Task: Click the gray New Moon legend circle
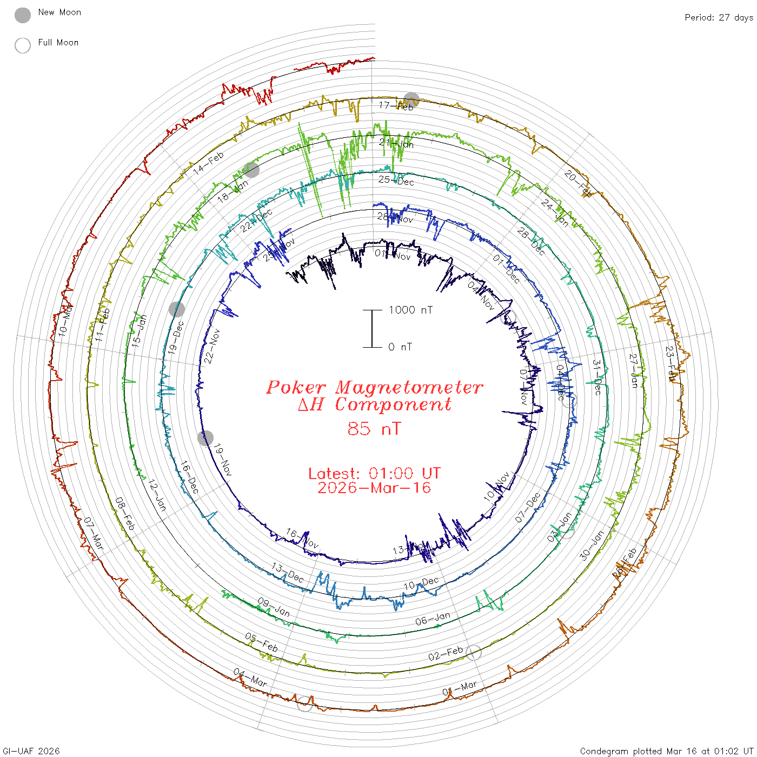(x=23, y=16)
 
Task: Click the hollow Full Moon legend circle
(x=23, y=45)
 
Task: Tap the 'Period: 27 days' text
(x=719, y=18)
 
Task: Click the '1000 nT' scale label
(x=410, y=310)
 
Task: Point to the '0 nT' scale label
(x=400, y=347)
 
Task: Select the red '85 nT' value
(x=374, y=429)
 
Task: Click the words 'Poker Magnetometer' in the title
(x=374, y=387)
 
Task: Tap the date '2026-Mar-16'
(x=374, y=488)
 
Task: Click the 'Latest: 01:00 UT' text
(x=374, y=474)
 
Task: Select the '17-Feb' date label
(x=396, y=106)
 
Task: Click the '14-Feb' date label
(x=209, y=163)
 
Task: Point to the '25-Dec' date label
(x=396, y=180)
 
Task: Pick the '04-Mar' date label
(x=250, y=678)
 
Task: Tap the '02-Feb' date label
(x=446, y=654)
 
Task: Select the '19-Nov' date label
(x=222, y=460)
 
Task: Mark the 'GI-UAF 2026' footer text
(x=31, y=751)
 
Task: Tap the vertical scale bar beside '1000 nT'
(x=372, y=329)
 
